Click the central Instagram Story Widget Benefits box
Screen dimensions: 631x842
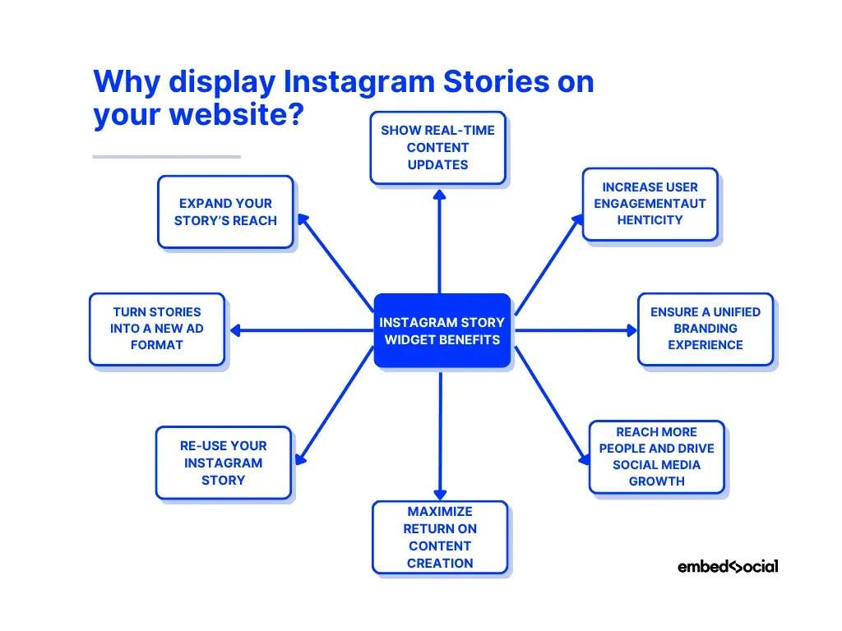442,330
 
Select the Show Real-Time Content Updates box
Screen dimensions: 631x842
437,148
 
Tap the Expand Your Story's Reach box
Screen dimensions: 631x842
225,212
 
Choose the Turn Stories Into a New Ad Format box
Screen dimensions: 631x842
156,329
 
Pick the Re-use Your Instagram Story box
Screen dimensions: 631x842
224,463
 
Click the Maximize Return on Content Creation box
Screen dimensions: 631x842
440,537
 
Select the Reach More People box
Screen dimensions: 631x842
656,457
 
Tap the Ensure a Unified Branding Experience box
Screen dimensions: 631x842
706,329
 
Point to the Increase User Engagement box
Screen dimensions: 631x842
650,204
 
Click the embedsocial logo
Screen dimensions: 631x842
728,566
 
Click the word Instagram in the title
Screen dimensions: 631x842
359,82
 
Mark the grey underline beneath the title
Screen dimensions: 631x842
166,156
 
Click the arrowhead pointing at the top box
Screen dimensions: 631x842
439,196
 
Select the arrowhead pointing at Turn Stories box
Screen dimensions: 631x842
235,330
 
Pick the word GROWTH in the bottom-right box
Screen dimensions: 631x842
656,481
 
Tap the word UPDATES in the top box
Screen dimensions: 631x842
437,164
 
